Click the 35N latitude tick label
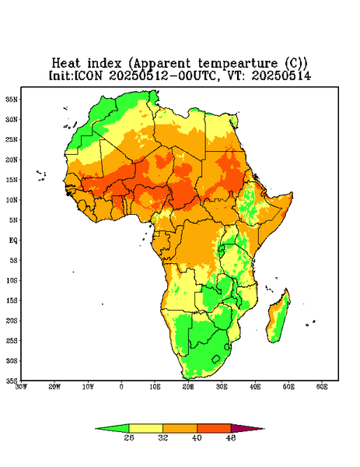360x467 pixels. [12, 100]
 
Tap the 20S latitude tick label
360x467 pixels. [12, 321]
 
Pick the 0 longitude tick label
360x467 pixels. [121, 387]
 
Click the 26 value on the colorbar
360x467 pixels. [129, 437]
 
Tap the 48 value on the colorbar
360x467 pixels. [231, 437]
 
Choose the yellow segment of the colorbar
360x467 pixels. [145, 428]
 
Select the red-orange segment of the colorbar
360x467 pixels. [214, 428]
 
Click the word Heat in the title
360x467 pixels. [66, 64]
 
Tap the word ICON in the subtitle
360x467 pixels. [88, 75]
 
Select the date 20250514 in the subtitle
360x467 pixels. [281, 75]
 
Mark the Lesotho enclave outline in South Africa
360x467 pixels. [216, 359]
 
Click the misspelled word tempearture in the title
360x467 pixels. [238, 64]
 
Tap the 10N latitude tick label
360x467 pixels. [12, 200]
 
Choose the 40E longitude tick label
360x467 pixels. [255, 387]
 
